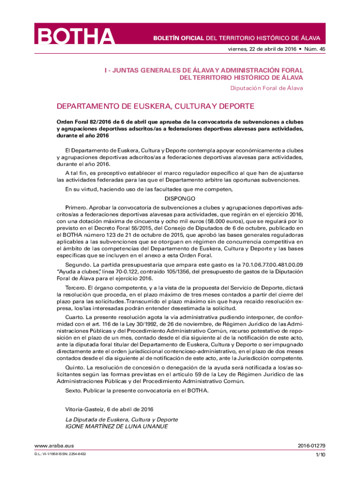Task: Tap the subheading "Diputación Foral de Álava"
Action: (x=266, y=87)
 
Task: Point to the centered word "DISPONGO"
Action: (x=180, y=198)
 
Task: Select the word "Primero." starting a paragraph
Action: (x=76, y=206)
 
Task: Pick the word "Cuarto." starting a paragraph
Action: (x=76, y=317)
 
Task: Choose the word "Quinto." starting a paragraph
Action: (x=76, y=368)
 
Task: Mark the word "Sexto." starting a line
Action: (x=74, y=390)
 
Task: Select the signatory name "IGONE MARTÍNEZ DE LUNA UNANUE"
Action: (x=116, y=426)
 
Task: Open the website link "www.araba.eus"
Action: (x=51, y=446)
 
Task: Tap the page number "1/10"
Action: (x=320, y=454)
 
